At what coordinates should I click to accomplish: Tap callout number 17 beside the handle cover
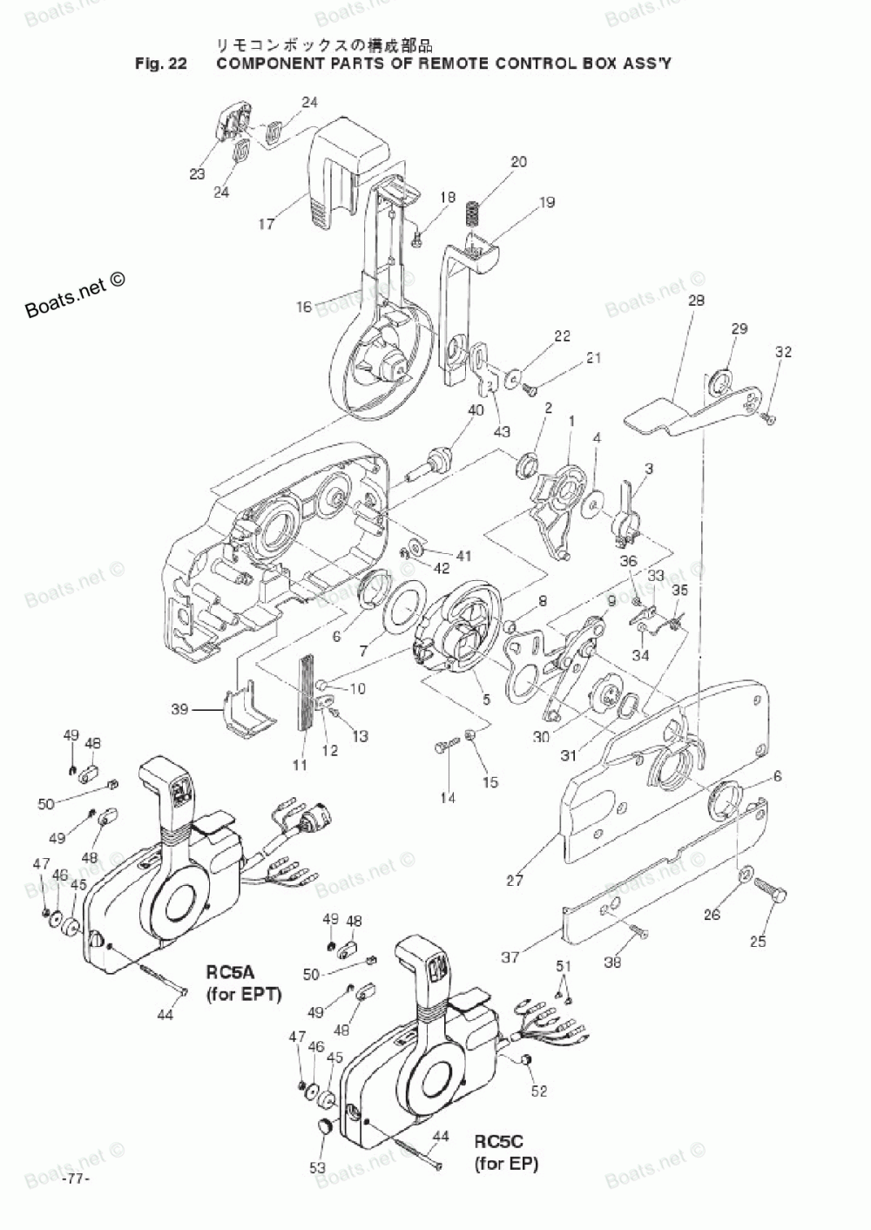[267, 224]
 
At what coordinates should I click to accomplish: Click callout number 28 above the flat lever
[697, 301]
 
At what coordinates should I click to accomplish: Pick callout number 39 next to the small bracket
[179, 709]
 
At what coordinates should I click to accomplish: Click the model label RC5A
[231, 971]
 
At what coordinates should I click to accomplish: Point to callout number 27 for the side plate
[515, 880]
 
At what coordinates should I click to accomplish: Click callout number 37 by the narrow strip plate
[510, 957]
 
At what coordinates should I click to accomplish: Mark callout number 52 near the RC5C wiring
[539, 1091]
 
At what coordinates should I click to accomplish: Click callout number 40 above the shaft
[476, 410]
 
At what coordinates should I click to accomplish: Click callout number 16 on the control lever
[304, 307]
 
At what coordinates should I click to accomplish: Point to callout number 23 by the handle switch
[197, 174]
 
